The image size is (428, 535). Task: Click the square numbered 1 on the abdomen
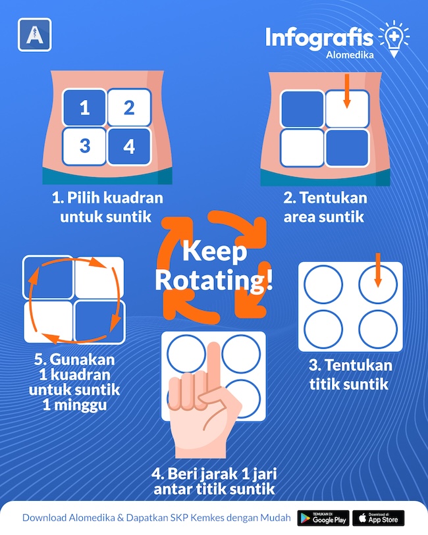pos(85,107)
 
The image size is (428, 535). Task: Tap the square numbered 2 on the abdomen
pos(129,107)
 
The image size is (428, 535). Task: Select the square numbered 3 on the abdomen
pos(85,146)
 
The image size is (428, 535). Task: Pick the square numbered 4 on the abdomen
pos(129,146)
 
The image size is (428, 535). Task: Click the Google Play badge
pos(323,518)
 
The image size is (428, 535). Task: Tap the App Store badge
pos(378,518)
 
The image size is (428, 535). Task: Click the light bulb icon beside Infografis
pos(394,39)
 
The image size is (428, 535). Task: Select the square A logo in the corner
pos(35,35)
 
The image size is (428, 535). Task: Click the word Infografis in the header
pos(319,38)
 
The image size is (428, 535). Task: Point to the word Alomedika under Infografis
pos(350,55)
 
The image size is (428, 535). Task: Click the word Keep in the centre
pos(215,251)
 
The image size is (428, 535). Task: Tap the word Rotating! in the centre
pos(214,280)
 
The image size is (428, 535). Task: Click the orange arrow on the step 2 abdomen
pos(347,91)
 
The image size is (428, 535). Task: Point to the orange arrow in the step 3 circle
pos(377,270)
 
